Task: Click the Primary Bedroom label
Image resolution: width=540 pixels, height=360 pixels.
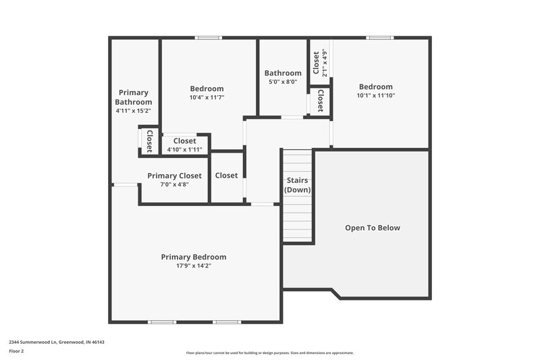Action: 193,257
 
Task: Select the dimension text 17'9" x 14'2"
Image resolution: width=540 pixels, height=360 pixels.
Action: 193,265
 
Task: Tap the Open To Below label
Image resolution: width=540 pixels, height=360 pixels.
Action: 372,228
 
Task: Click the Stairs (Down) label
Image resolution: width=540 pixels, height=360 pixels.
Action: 297,185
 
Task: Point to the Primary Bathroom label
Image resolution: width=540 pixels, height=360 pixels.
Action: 133,97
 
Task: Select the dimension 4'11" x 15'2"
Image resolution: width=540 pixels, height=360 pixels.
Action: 133,110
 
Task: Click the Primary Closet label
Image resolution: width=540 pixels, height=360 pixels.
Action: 174,176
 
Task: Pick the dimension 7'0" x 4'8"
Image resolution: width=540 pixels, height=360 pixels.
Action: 174,184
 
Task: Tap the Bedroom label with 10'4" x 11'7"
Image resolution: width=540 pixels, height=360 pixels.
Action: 207,88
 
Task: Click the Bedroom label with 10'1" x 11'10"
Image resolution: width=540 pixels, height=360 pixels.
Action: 375,86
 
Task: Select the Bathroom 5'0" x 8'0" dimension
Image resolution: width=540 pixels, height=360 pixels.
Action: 283,82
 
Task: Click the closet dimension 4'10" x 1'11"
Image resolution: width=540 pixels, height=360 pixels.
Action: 184,149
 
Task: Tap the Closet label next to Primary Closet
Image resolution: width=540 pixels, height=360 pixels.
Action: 226,176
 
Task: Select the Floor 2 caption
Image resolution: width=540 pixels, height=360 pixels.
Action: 16,351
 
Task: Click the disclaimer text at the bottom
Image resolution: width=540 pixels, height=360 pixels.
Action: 270,353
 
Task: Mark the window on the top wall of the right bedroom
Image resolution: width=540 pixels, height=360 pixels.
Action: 380,38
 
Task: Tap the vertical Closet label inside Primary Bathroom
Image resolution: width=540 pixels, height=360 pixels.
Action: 149,141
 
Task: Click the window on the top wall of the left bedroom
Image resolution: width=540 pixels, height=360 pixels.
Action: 209,38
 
